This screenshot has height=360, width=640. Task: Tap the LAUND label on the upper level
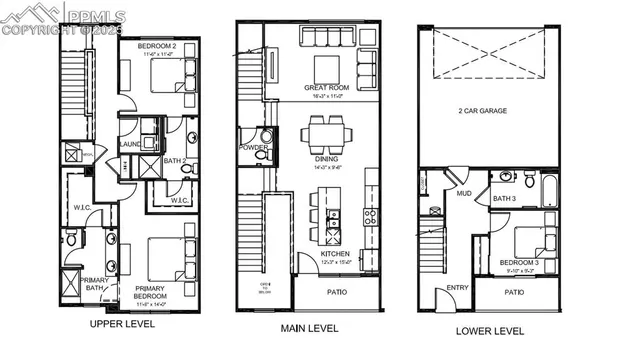(x=130, y=145)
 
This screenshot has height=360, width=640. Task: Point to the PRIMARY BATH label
(x=95, y=285)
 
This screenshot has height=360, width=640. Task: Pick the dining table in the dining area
(x=326, y=132)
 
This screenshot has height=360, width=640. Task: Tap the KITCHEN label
(x=334, y=255)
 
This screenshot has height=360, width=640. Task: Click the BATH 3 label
(x=504, y=199)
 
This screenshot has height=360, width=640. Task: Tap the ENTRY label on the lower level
(x=458, y=288)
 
